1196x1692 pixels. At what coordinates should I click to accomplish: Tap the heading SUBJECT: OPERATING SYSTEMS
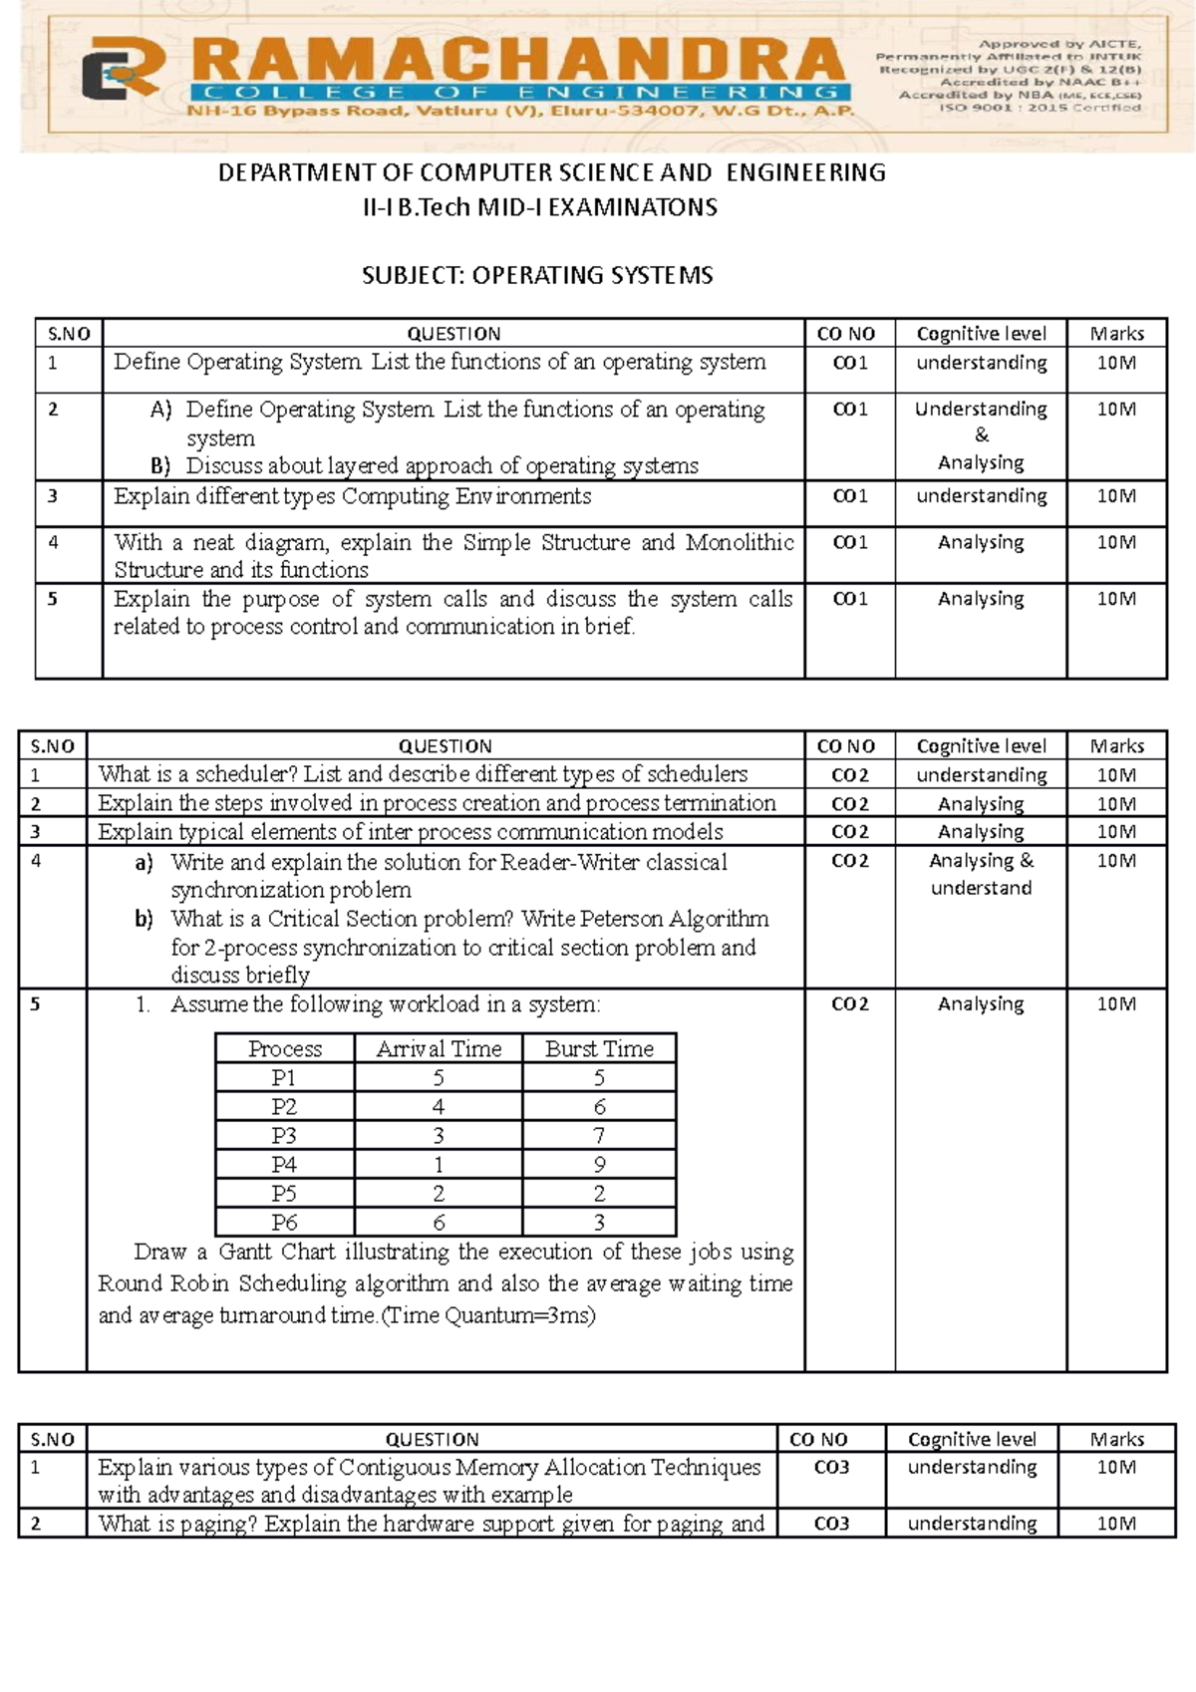(x=537, y=275)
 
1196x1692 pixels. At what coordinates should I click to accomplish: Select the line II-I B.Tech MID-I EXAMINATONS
(x=539, y=208)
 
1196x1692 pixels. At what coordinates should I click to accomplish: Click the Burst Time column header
(x=599, y=1049)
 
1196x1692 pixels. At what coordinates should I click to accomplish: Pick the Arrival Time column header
(x=439, y=1049)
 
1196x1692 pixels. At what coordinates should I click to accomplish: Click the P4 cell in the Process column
(x=284, y=1165)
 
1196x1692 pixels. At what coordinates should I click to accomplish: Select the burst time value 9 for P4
(x=599, y=1165)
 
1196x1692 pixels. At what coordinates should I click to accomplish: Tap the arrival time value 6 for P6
(x=439, y=1223)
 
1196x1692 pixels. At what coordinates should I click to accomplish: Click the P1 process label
(x=284, y=1078)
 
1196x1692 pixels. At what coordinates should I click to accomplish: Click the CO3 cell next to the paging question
(x=831, y=1524)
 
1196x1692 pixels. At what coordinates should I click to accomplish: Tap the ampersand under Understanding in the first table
(x=982, y=435)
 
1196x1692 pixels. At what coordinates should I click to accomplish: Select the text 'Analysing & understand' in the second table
(x=981, y=874)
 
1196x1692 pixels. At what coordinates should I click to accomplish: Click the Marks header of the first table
(x=1116, y=334)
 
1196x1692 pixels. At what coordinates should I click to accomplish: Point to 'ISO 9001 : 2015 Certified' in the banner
(x=1042, y=108)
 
